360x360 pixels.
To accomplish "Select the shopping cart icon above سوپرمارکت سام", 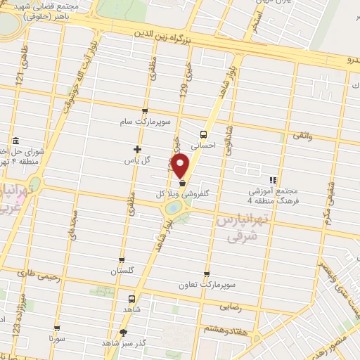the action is click(x=145, y=110).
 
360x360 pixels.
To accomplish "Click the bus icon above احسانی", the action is click(x=202, y=134).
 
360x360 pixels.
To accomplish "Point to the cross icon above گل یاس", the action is click(x=138, y=149).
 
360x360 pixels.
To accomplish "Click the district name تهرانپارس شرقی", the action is click(x=236, y=228).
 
